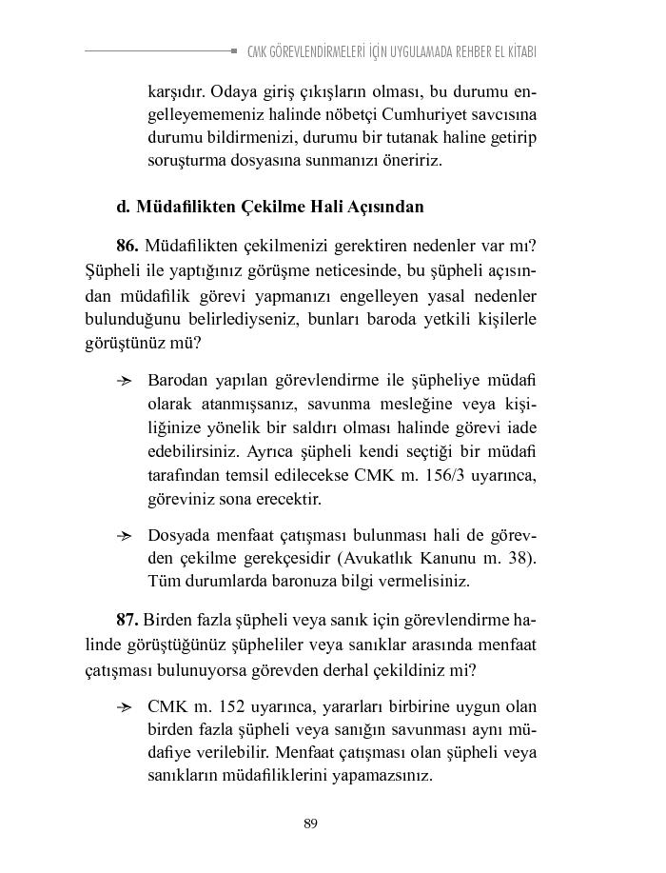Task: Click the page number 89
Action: pos(310,823)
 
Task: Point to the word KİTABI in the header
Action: pos(516,51)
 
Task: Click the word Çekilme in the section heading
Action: pos(276,206)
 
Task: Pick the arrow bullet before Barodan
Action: pos(125,381)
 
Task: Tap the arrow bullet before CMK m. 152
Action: pos(125,707)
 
